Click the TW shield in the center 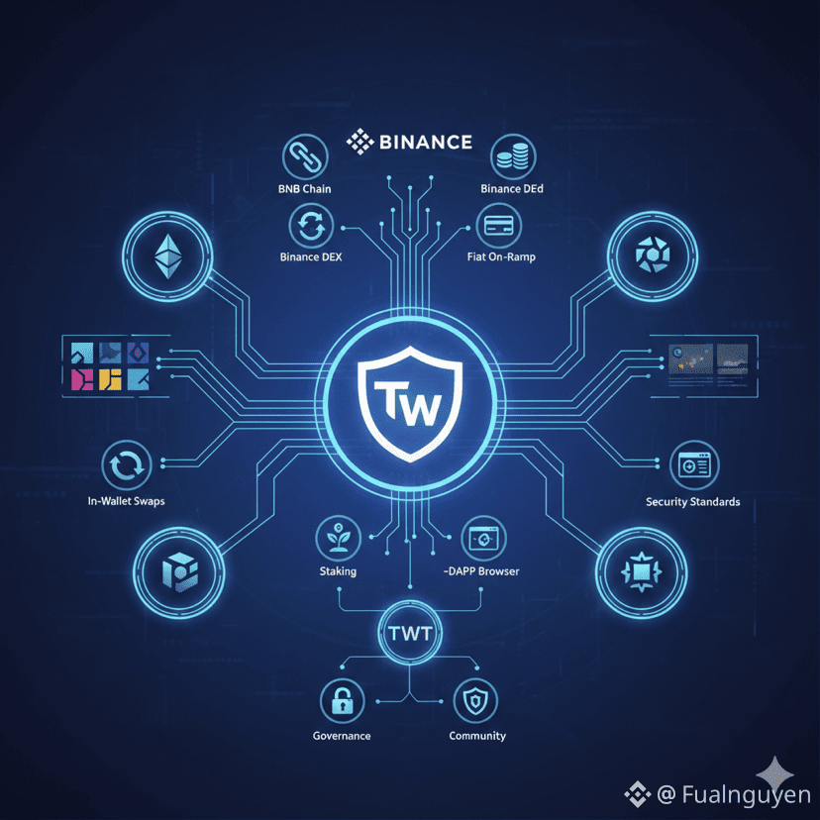pos(410,403)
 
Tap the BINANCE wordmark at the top pos(426,142)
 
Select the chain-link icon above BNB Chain pos(305,156)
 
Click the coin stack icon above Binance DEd pos(513,156)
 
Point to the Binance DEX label pos(311,256)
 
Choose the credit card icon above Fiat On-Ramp pos(499,226)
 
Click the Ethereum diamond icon pos(168,256)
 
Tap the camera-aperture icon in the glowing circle pos(652,255)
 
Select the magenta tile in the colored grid pos(82,379)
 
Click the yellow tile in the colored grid pos(110,379)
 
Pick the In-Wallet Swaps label pos(126,501)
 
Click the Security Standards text pos(693,502)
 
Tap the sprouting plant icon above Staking pos(338,538)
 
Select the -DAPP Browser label pos(481,571)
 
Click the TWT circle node pos(410,633)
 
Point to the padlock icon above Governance pos(342,701)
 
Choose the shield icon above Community pos(475,701)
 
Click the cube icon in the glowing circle pos(179,572)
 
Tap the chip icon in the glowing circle pos(641,572)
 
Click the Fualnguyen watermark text pos(746,794)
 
